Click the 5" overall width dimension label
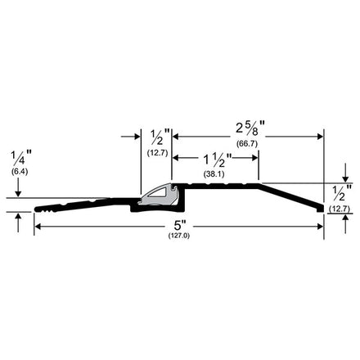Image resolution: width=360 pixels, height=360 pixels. [180, 226]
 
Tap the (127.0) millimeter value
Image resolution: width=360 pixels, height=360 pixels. [179, 236]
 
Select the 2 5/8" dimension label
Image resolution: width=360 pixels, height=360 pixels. [250, 128]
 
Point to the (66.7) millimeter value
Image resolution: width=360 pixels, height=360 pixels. [247, 143]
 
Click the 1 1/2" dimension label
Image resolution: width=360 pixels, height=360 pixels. [218, 160]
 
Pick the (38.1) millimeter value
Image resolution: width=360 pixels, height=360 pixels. [214, 174]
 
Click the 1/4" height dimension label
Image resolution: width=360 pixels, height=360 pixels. [20, 158]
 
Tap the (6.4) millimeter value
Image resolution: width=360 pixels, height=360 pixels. [20, 172]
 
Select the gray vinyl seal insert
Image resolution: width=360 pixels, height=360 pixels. [158, 195]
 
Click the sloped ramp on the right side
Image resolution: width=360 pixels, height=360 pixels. [290, 196]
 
